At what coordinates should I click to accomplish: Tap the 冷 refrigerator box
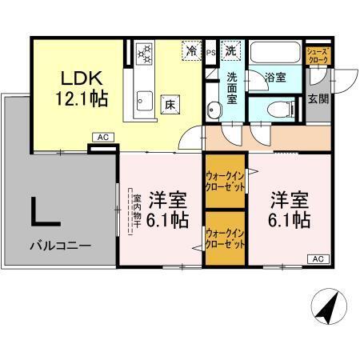tap(192, 50)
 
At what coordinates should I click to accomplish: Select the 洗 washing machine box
tap(230, 50)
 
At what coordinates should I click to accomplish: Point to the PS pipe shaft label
tap(211, 53)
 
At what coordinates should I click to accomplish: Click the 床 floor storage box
tap(170, 104)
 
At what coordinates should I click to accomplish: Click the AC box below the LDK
tap(102, 138)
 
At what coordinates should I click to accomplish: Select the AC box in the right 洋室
tap(317, 258)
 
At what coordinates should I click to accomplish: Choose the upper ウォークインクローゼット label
tap(224, 179)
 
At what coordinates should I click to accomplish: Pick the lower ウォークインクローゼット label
tap(224, 237)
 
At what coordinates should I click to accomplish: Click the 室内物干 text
tap(137, 212)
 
